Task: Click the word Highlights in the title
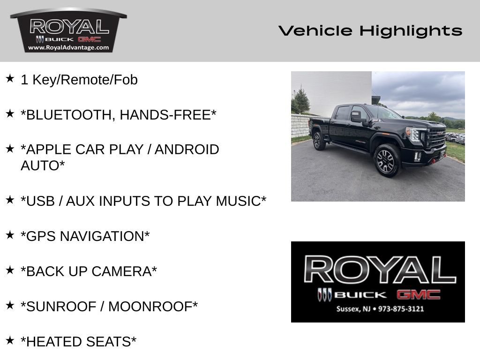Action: tap(411, 31)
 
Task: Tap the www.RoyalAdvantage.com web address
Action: tap(68, 47)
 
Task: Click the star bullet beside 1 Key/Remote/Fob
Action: tap(10, 78)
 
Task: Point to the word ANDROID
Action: tap(187, 150)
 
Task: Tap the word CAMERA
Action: tap(121, 271)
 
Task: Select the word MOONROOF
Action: tap(150, 307)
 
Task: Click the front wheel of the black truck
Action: tap(386, 160)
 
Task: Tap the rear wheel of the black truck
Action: tap(318, 141)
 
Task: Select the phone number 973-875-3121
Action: tap(401, 309)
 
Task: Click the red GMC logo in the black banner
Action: tap(419, 294)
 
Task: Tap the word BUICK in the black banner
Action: tap(360, 295)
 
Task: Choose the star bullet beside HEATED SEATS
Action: tap(10, 340)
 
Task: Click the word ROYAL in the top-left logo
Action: tap(69, 27)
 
